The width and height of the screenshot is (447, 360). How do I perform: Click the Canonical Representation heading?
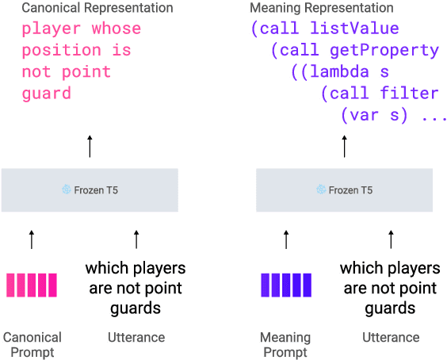point(97,8)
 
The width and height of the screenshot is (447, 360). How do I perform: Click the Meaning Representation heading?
point(321,8)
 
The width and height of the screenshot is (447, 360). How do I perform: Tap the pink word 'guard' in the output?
point(46,93)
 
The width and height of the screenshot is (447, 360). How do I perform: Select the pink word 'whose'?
point(116,29)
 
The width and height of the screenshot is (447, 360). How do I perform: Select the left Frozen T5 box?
point(90,190)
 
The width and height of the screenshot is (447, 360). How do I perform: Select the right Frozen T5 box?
point(344,190)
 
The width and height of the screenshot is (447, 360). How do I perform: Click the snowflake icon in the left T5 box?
point(67,190)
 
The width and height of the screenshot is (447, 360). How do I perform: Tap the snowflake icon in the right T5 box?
point(321,190)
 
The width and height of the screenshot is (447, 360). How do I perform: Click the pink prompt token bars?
point(32,285)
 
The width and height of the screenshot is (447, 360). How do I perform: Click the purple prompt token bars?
point(286,285)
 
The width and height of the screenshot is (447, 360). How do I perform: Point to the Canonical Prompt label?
point(32,344)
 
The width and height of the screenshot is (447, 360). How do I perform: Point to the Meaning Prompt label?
point(286,344)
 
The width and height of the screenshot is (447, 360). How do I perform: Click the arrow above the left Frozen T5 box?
point(90,146)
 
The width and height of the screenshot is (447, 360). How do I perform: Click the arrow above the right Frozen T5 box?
point(344,146)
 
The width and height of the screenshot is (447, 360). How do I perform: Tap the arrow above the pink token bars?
point(32,239)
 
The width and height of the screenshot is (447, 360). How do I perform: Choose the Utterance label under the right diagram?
point(391,337)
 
